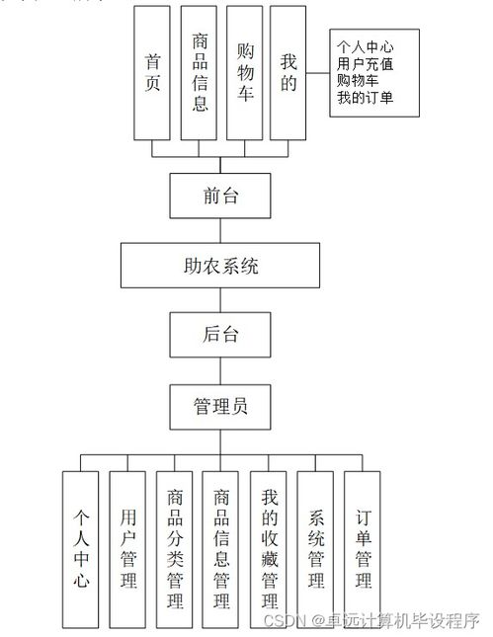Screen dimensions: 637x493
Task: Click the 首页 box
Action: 152,74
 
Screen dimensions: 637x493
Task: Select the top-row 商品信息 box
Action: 201,74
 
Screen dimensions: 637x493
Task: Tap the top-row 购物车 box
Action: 246,74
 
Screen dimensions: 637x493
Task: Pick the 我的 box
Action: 288,74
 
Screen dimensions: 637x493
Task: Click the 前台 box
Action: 220,196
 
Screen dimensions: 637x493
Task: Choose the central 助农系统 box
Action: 220,265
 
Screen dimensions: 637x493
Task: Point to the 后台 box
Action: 220,334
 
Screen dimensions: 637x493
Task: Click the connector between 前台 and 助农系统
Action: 220,230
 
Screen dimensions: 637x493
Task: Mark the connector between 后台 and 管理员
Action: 220,368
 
